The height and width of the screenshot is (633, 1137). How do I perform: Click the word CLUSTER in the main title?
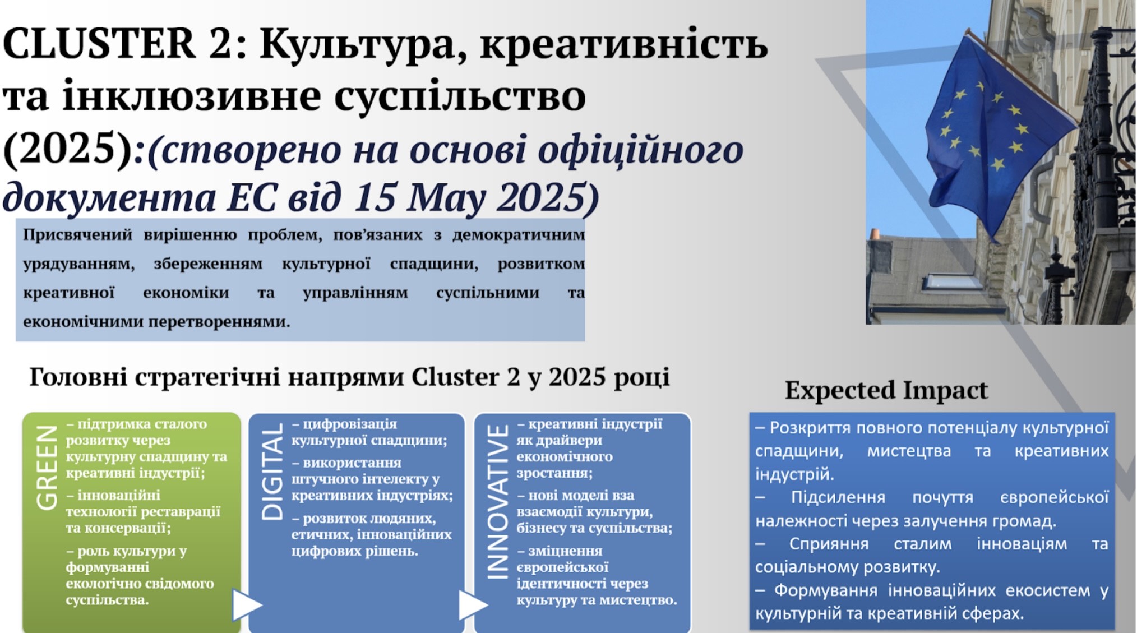tap(99, 44)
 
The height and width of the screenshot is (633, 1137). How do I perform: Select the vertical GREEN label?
tap(47, 468)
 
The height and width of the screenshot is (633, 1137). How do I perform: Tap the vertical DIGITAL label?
tap(272, 472)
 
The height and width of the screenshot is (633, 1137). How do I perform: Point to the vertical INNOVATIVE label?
tap(497, 501)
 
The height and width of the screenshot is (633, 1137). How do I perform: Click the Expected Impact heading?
tap(886, 390)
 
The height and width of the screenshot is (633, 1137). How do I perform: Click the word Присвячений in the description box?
tap(77, 235)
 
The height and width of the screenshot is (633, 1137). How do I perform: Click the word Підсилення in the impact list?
tap(838, 497)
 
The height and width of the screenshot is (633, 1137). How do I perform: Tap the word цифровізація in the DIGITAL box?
tap(350, 424)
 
